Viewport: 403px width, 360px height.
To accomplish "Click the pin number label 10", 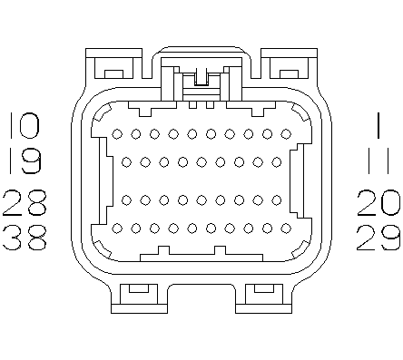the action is (x=25, y=125).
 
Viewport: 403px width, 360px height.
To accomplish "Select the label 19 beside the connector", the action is (x=25, y=161).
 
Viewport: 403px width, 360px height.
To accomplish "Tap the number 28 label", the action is (x=25, y=203).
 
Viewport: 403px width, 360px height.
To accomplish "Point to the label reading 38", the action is (x=25, y=237).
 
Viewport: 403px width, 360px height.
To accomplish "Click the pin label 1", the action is (x=378, y=125).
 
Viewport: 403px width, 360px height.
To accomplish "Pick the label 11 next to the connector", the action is (x=378, y=161).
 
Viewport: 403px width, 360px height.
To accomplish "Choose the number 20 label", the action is (x=378, y=203).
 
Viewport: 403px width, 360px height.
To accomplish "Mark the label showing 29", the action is (x=378, y=237).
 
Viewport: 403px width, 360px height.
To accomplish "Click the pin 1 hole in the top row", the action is (x=286, y=134).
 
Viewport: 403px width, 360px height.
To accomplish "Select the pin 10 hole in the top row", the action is (x=117, y=134).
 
